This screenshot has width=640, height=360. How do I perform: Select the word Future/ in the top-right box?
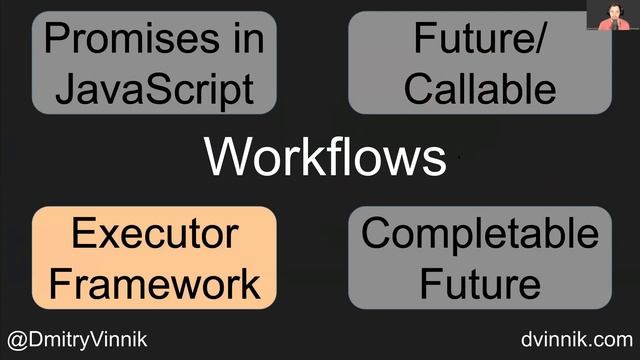coord(479,40)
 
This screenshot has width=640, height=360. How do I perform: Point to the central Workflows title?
coord(325,157)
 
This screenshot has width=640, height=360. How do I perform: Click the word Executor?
coord(154,235)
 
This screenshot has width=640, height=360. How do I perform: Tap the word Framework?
coord(154,283)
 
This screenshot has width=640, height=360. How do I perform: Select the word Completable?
coord(479,235)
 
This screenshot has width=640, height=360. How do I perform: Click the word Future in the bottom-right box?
coord(479,283)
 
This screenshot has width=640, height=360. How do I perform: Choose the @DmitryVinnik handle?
coord(77,339)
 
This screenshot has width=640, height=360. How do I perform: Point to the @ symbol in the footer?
coord(15,339)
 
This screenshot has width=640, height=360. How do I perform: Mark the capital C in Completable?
coord(376,235)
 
